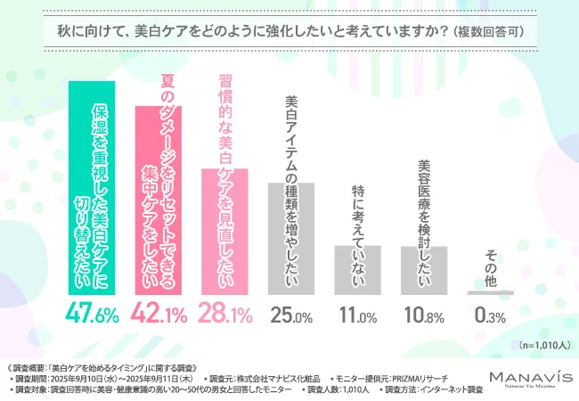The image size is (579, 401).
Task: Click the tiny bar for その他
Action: tap(491, 292)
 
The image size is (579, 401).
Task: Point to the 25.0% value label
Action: tap(292, 315)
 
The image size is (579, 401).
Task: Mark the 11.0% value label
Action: tap(358, 315)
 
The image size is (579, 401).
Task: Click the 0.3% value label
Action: tap(491, 315)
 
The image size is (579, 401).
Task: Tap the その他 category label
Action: tap(491, 268)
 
